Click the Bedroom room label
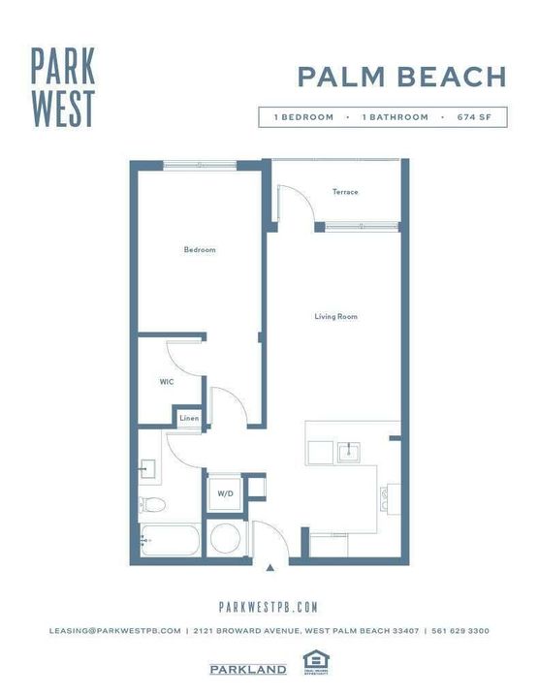tap(200, 250)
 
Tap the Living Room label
tap(335, 316)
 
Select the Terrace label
tap(345, 192)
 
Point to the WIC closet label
tap(166, 382)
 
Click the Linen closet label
tap(189, 418)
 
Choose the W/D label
tap(225, 493)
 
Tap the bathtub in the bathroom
tap(170, 540)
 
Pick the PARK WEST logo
tap(62, 87)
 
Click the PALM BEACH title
tap(401, 77)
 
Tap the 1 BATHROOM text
tap(395, 117)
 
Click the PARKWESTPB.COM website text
tap(269, 607)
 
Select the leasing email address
tap(115, 631)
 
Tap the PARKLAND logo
tap(248, 669)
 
